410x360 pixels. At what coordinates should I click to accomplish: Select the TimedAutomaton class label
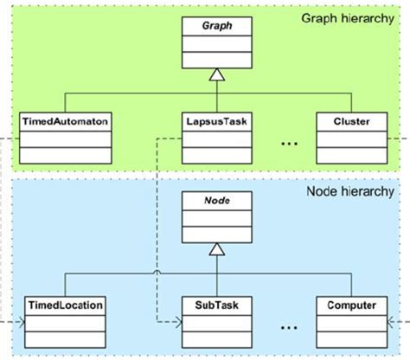pos(66,123)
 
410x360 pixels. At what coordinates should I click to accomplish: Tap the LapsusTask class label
pos(216,123)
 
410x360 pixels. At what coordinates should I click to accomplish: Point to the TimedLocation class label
pos(66,305)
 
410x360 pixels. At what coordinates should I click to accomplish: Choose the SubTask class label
pos(216,305)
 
